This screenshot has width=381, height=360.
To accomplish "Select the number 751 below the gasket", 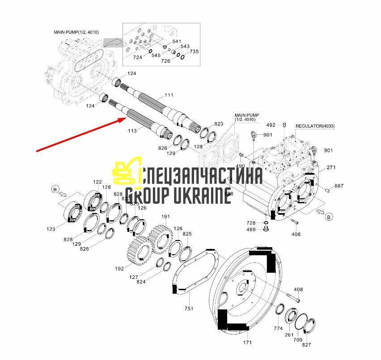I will click(189, 309).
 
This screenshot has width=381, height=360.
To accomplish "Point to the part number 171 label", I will click(247, 343).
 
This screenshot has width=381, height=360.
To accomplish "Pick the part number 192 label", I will click(119, 269).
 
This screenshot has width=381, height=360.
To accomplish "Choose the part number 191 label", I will click(165, 216).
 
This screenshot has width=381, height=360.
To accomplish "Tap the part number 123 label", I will click(51, 229).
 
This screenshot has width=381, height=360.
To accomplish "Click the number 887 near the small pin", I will click(339, 186).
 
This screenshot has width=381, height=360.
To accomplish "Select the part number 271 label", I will click(331, 167).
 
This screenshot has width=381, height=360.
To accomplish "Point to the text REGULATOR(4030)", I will click(315, 126).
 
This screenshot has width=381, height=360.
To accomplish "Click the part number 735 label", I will click(194, 51).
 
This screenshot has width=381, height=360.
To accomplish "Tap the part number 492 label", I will click(271, 125).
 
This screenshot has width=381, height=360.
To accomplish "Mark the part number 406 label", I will click(296, 234).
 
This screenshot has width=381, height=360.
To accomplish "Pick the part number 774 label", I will click(278, 328).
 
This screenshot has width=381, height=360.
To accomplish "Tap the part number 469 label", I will click(251, 230).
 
